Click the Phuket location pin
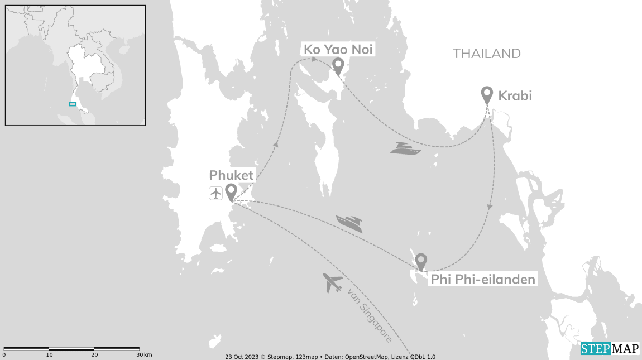tap(231, 192)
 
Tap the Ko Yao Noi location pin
tap(338, 66)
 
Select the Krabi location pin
tap(487, 95)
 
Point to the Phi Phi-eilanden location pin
tap(421, 261)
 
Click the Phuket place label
tap(231, 175)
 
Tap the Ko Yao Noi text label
tap(338, 50)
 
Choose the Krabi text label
tap(515, 96)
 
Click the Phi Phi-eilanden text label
tap(483, 279)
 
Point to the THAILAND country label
tap(486, 54)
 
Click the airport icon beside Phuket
tap(215, 193)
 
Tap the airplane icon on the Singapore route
tap(333, 283)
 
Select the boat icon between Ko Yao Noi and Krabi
tap(405, 148)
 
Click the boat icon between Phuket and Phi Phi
tap(349, 223)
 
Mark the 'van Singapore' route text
tap(369, 315)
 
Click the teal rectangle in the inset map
tap(73, 104)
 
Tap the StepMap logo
tap(610, 349)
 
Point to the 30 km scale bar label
tap(144, 355)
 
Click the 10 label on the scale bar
tap(49, 355)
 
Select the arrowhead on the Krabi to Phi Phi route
tap(490, 207)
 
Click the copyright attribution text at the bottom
tap(330, 356)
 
